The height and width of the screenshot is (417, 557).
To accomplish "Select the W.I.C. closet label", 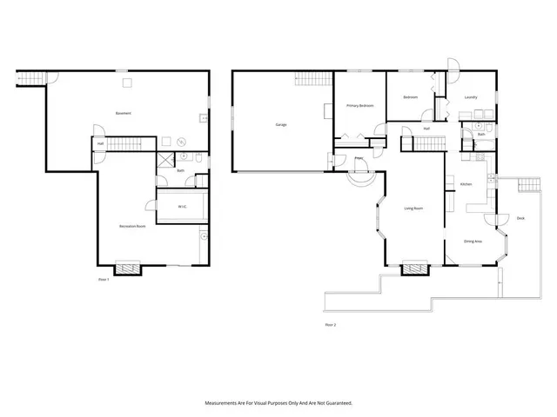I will coord(183,206).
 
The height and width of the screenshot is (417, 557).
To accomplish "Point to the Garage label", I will coord(281,124).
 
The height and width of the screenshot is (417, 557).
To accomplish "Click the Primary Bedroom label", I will coord(359,105).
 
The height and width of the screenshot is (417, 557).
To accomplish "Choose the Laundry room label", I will coord(470,96).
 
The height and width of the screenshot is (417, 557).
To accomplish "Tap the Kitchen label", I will coord(466,184).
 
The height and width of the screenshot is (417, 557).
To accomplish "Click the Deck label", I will coord(520,218).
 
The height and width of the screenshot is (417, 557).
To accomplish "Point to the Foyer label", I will coord(359,158).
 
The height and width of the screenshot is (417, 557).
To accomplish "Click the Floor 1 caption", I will coord(104,279).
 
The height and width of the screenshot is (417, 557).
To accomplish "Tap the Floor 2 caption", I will coord(330,324).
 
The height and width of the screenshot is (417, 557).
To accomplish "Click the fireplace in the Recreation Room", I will coord(129,268).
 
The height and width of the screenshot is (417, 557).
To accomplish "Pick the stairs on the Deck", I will coord(527,185).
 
